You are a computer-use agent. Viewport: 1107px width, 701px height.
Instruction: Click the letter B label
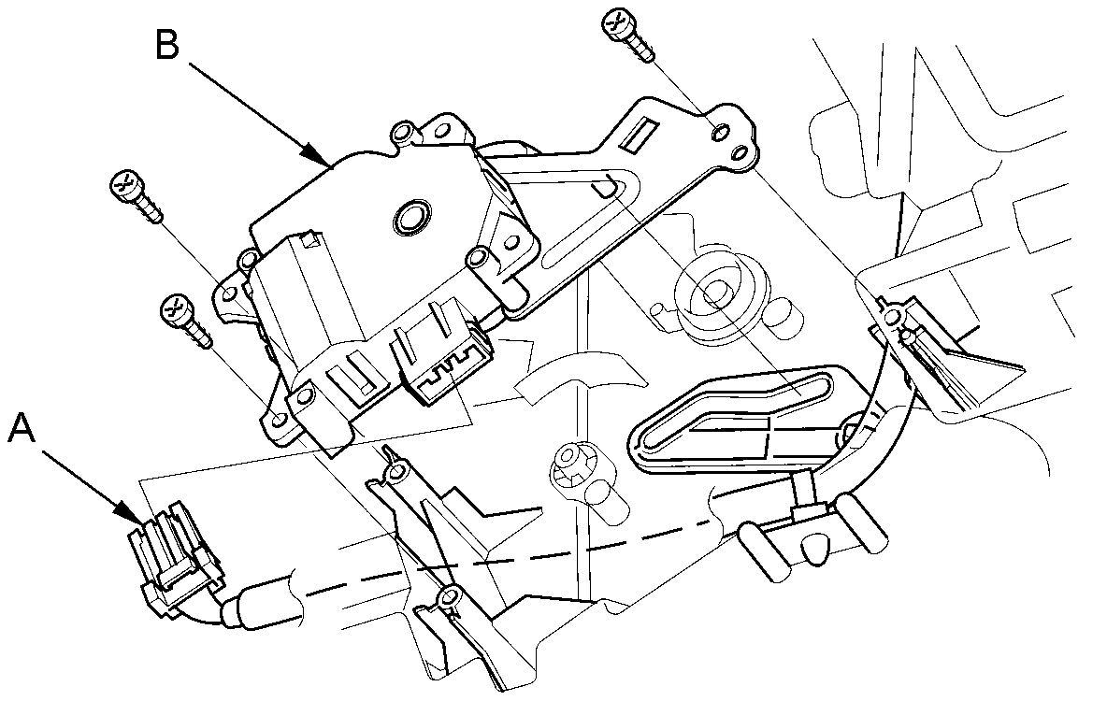pyautogui.click(x=168, y=44)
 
